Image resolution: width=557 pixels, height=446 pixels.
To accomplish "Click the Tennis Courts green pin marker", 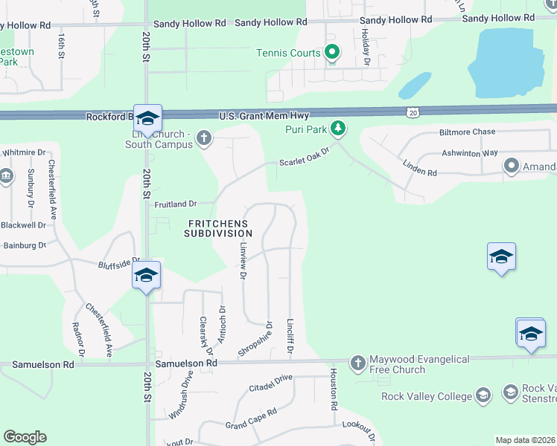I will pos(333,52).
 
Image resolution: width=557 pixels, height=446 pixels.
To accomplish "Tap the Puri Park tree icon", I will pos(339,128).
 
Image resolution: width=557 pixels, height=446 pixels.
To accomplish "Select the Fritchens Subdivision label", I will pos(219,227).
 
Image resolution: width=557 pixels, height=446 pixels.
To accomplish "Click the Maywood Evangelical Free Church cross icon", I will pos(357,362).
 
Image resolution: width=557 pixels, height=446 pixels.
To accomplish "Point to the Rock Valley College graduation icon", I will pos(483,395).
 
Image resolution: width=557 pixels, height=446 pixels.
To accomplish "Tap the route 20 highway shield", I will pos(413,111).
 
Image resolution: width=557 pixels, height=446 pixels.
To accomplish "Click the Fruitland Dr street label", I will pos(175,204).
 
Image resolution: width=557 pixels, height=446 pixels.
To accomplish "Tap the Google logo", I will pos(25,437).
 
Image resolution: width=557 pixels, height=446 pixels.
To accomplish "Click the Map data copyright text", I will pos(526,440).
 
